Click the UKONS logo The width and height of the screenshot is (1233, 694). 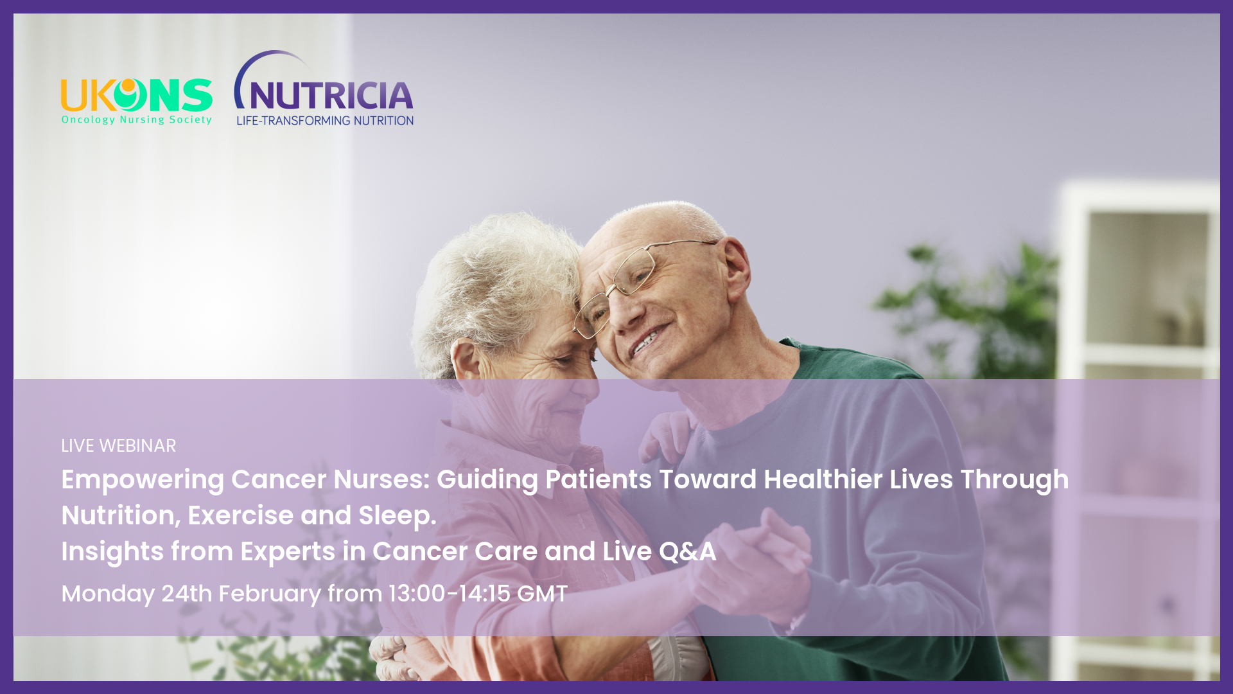(136, 102)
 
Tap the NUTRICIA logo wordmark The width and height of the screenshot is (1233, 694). (331, 96)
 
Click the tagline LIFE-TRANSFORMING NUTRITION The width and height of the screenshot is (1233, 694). (325, 120)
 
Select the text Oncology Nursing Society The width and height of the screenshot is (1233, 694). (136, 120)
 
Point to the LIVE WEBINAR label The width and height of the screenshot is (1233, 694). (118, 445)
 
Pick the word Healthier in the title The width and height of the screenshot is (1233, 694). (823, 479)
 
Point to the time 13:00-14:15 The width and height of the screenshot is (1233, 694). (449, 594)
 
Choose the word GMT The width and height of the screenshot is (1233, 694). (542, 594)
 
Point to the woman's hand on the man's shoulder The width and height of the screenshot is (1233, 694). (668, 437)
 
